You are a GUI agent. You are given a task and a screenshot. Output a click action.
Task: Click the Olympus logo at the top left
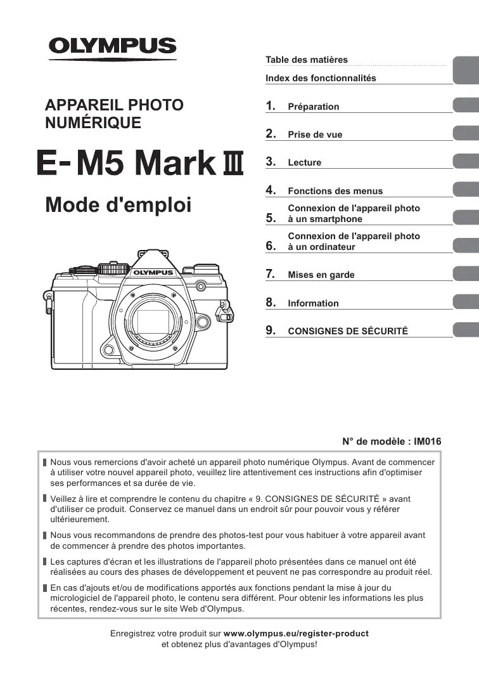coord(113,47)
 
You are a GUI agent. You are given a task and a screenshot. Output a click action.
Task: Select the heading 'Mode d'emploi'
coord(118,205)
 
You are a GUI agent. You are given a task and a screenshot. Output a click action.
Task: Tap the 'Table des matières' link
coord(307,60)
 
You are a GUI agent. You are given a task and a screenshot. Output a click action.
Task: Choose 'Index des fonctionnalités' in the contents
coord(321,78)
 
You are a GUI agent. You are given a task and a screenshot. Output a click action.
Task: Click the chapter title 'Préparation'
coord(314,107)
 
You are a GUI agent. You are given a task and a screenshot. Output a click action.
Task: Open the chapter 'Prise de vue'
coord(315,134)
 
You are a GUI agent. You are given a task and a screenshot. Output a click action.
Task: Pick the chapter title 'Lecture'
coord(304,162)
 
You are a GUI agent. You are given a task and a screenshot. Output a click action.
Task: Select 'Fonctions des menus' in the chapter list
coord(335,191)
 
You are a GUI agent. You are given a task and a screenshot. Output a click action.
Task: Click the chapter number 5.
coord(271,218)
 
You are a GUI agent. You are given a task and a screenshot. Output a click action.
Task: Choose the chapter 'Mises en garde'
coord(321,275)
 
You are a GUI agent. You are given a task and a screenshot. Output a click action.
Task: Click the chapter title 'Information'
coord(313,303)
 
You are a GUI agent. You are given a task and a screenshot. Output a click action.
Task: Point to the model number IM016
coord(428,442)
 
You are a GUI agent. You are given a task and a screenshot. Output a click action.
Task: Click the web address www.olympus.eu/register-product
coord(296,633)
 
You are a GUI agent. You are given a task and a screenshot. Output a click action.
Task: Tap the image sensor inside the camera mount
coord(152,321)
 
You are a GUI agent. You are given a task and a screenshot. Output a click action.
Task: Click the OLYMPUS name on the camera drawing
coord(153,272)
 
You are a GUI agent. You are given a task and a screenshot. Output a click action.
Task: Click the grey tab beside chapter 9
coord(466,329)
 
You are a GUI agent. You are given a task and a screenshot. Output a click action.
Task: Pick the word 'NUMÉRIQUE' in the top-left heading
coord(94,122)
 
